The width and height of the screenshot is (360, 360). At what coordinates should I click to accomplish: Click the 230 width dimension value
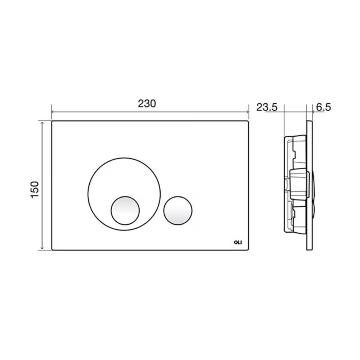point(147,103)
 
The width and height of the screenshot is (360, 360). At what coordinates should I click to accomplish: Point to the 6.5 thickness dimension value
point(323,107)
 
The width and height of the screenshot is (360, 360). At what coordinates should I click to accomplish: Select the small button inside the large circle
point(125,211)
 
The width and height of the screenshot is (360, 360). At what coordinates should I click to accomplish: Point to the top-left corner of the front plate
point(53,122)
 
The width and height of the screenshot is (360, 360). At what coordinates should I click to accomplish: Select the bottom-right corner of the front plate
point(248,249)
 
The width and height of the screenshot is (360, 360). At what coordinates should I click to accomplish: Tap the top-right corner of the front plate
point(248,122)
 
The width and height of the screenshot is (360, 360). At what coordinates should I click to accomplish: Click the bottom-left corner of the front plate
point(53,249)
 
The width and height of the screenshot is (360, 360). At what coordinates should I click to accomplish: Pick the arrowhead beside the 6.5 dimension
point(313,112)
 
